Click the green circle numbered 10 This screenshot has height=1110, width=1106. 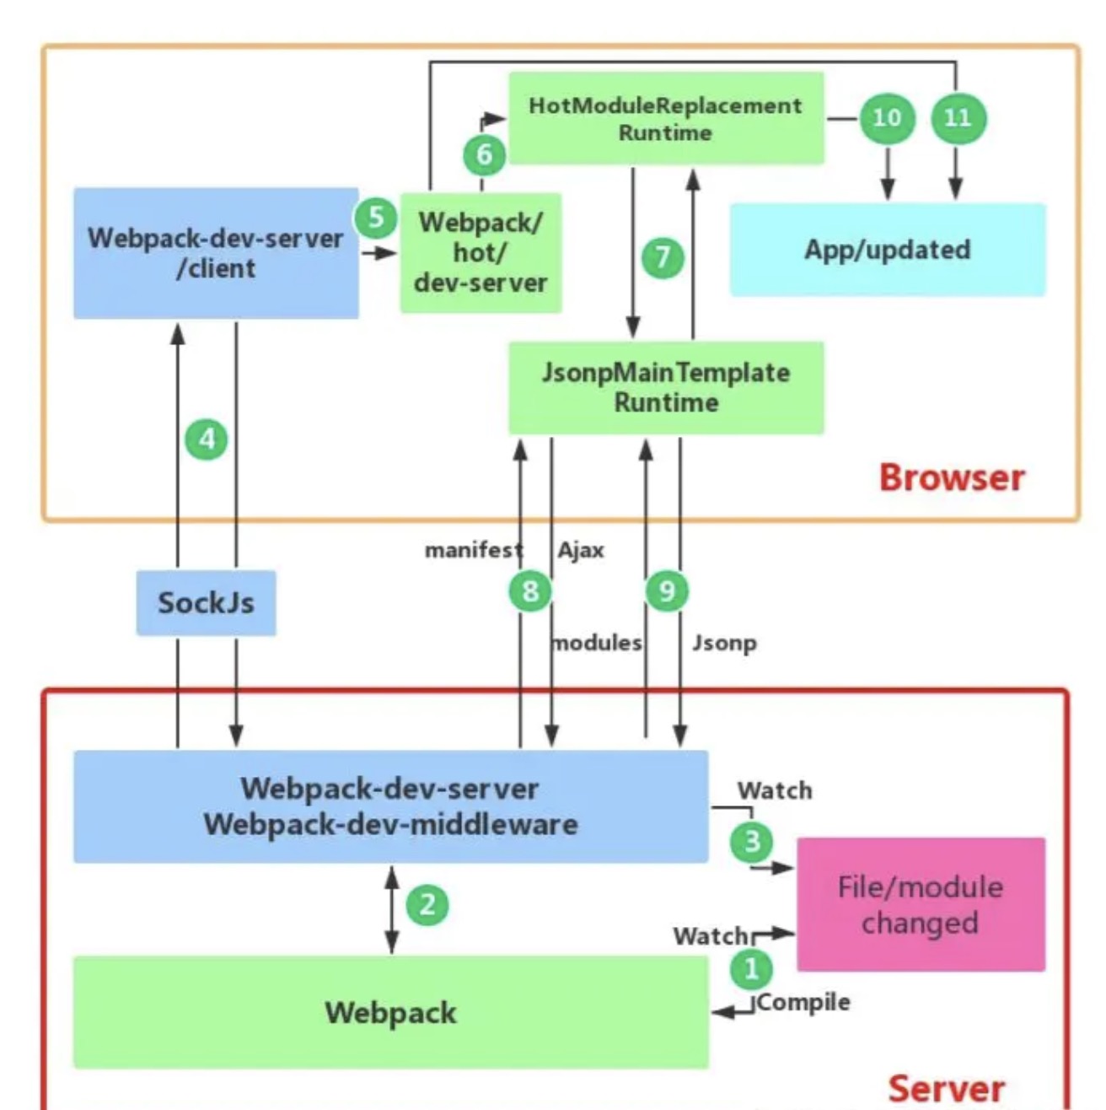887,118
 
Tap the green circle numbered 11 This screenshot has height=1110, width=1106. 958,118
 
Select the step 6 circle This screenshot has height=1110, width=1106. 484,154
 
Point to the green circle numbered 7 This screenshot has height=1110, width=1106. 663,256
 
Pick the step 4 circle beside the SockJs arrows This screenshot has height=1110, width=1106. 207,439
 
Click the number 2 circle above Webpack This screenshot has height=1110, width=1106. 427,905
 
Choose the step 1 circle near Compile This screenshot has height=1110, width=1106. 751,968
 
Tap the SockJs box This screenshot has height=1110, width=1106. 206,603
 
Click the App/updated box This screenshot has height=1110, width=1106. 887,250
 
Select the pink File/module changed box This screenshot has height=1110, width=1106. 921,904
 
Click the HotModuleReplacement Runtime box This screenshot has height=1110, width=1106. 665,118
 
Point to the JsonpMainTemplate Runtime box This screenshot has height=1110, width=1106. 665,387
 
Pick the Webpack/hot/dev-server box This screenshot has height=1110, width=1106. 481,252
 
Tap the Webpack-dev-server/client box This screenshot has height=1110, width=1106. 216,253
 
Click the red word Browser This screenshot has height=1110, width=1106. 952,477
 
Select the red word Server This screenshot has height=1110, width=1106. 946,1089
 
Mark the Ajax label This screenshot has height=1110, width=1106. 581,551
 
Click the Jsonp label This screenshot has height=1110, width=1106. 724,644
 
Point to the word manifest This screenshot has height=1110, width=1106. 473,551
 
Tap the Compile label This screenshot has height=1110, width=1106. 804,1002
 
